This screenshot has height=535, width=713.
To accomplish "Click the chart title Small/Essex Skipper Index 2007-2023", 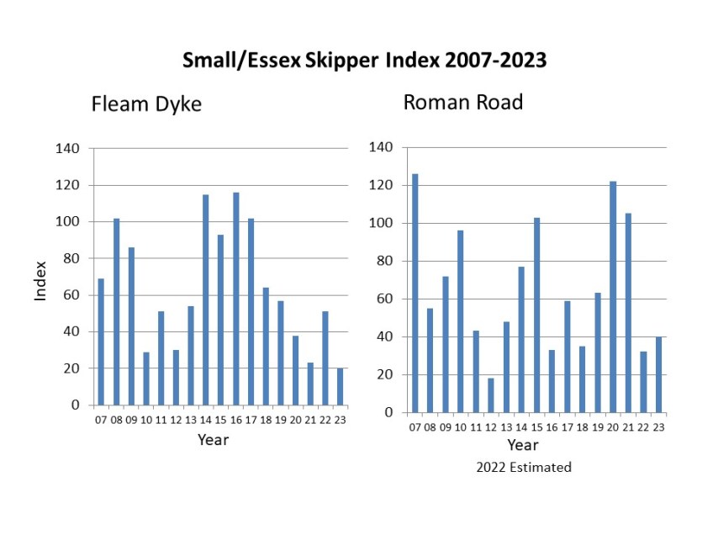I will click(365, 61).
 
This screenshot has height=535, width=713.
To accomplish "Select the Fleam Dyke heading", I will click(146, 105).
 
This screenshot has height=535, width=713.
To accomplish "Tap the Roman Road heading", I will click(463, 103).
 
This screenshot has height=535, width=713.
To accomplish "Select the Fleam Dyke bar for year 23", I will click(340, 387).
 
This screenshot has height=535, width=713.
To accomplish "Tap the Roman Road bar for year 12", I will click(490, 395).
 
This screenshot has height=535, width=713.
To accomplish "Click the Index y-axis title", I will click(40, 281).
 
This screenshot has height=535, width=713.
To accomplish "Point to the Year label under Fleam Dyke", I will click(213, 439).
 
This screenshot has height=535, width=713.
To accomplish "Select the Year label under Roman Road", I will click(522, 444).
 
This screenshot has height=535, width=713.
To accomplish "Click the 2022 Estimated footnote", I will click(522, 467).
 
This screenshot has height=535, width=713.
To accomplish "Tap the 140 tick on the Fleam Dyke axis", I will click(68, 149).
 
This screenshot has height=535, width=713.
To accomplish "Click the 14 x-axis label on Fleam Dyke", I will click(205, 419).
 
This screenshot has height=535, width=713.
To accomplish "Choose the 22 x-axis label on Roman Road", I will click(643, 426).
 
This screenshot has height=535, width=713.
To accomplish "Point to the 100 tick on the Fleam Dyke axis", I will click(68, 222).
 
